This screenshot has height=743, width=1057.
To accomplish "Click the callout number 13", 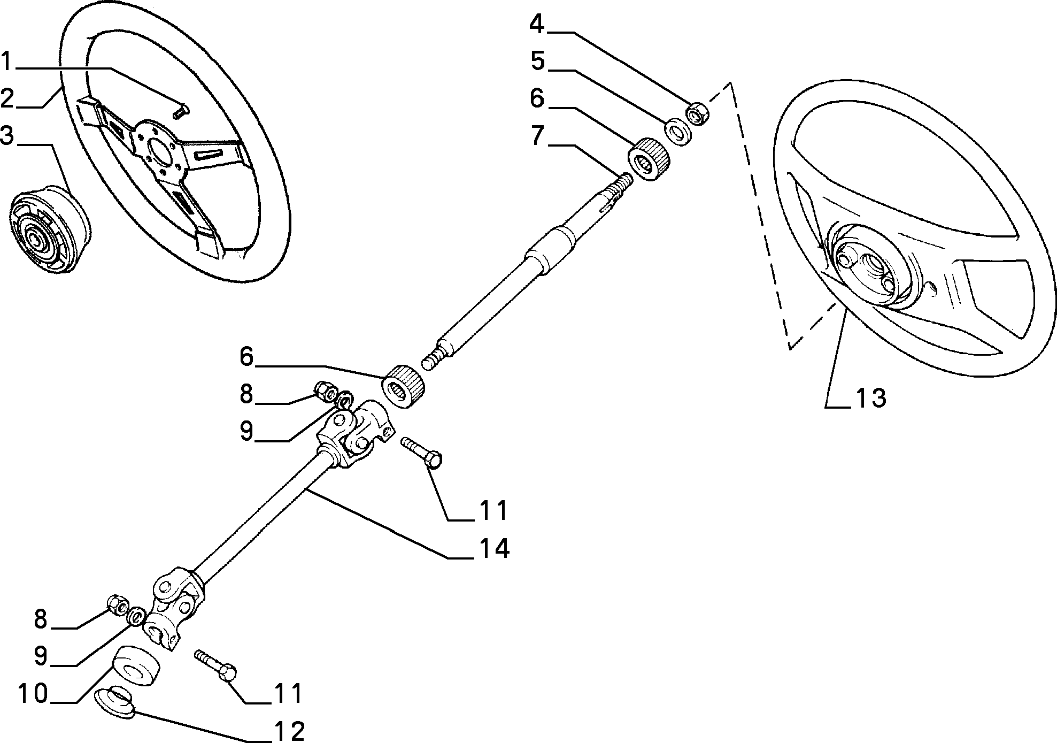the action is (x=871, y=398).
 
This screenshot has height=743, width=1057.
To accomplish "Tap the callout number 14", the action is (x=493, y=549).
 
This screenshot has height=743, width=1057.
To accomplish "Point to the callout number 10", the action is (x=34, y=694).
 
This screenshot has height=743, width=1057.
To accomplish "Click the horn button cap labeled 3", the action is (x=49, y=231).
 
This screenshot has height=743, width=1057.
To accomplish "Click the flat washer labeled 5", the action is (x=678, y=133).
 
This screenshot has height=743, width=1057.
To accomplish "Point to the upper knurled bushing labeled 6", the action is (x=649, y=159).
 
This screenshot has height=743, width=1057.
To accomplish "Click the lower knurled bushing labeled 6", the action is (x=404, y=386).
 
